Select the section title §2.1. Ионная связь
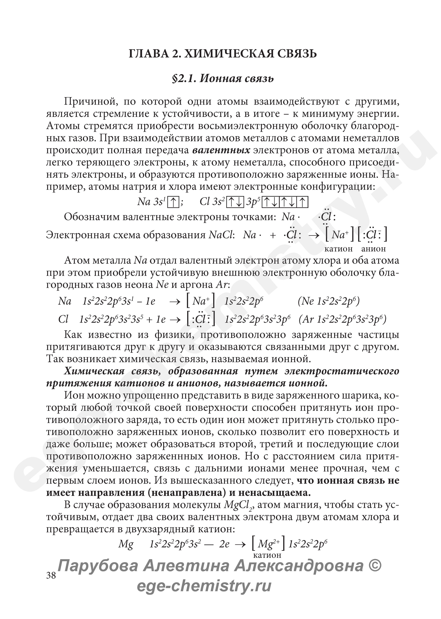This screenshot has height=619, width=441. (x=223, y=79)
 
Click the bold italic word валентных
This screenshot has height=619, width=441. (x=221, y=150)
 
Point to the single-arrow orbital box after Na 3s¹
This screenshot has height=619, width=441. (x=173, y=202)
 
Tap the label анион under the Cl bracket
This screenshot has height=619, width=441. (x=373, y=249)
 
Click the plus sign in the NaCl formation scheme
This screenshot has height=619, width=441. (x=273, y=235)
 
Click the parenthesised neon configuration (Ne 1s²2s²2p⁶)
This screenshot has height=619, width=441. (x=329, y=301)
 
